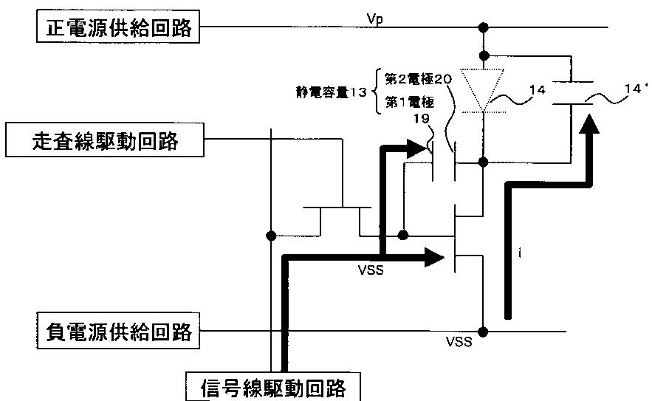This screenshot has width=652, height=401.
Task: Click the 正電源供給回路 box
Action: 118,27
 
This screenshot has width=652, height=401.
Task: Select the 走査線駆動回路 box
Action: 105,140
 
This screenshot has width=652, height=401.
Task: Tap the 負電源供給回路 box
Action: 118,331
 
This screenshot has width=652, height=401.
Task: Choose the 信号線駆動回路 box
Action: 272,387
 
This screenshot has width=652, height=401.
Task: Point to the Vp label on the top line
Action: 374,19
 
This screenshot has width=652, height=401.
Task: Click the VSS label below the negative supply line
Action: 459,342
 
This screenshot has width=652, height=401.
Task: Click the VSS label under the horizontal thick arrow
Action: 371,270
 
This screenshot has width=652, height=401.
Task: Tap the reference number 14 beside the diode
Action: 538,90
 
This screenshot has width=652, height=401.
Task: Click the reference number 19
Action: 421,119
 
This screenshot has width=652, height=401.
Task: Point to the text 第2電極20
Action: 419,78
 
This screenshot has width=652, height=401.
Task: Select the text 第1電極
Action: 410,102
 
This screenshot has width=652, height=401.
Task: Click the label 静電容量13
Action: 332,92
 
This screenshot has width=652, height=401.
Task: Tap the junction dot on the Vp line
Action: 483,27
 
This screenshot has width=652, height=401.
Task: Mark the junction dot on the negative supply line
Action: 483,332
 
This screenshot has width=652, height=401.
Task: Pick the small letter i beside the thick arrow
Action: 520,253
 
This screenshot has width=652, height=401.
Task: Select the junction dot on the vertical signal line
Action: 271,236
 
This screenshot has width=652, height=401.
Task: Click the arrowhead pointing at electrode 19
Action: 417,149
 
